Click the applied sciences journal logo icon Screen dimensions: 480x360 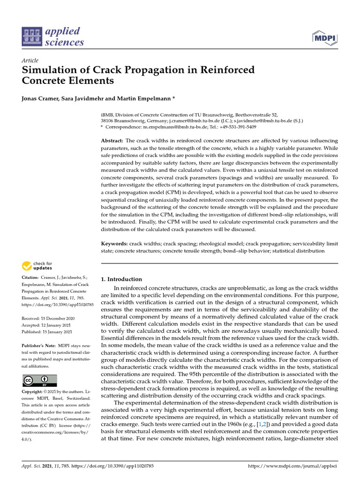(32, 37)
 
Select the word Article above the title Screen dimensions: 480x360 (30, 60)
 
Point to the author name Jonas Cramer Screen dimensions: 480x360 (40, 99)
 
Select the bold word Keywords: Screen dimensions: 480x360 (114, 244)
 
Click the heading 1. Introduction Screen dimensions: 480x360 (122, 279)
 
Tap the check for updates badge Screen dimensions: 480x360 (37, 266)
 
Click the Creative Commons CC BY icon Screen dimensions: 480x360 (39, 380)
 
